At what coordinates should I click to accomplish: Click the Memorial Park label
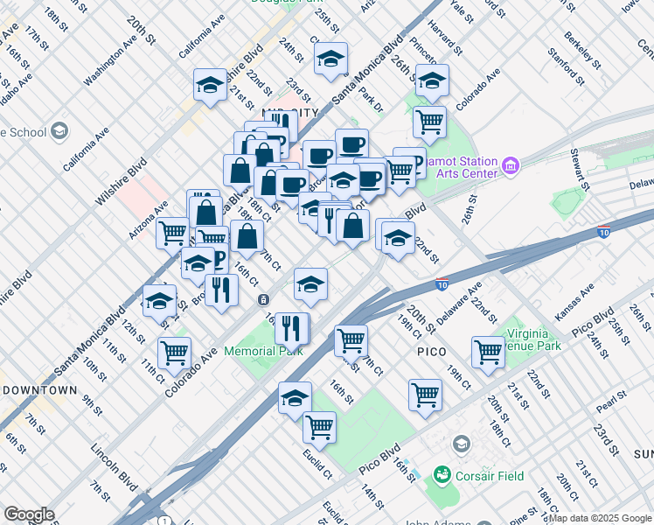click(x=263, y=351)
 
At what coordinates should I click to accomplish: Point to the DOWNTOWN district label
click(x=38, y=389)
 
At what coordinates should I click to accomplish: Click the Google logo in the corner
click(x=29, y=514)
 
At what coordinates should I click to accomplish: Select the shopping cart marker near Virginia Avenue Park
click(x=487, y=351)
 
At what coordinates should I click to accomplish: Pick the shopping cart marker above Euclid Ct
click(x=320, y=426)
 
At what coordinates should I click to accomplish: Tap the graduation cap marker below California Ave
click(x=210, y=84)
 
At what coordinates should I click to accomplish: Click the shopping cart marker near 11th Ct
click(x=175, y=352)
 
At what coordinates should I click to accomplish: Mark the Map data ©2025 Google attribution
click(x=600, y=518)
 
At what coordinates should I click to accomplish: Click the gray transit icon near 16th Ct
click(x=263, y=299)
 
